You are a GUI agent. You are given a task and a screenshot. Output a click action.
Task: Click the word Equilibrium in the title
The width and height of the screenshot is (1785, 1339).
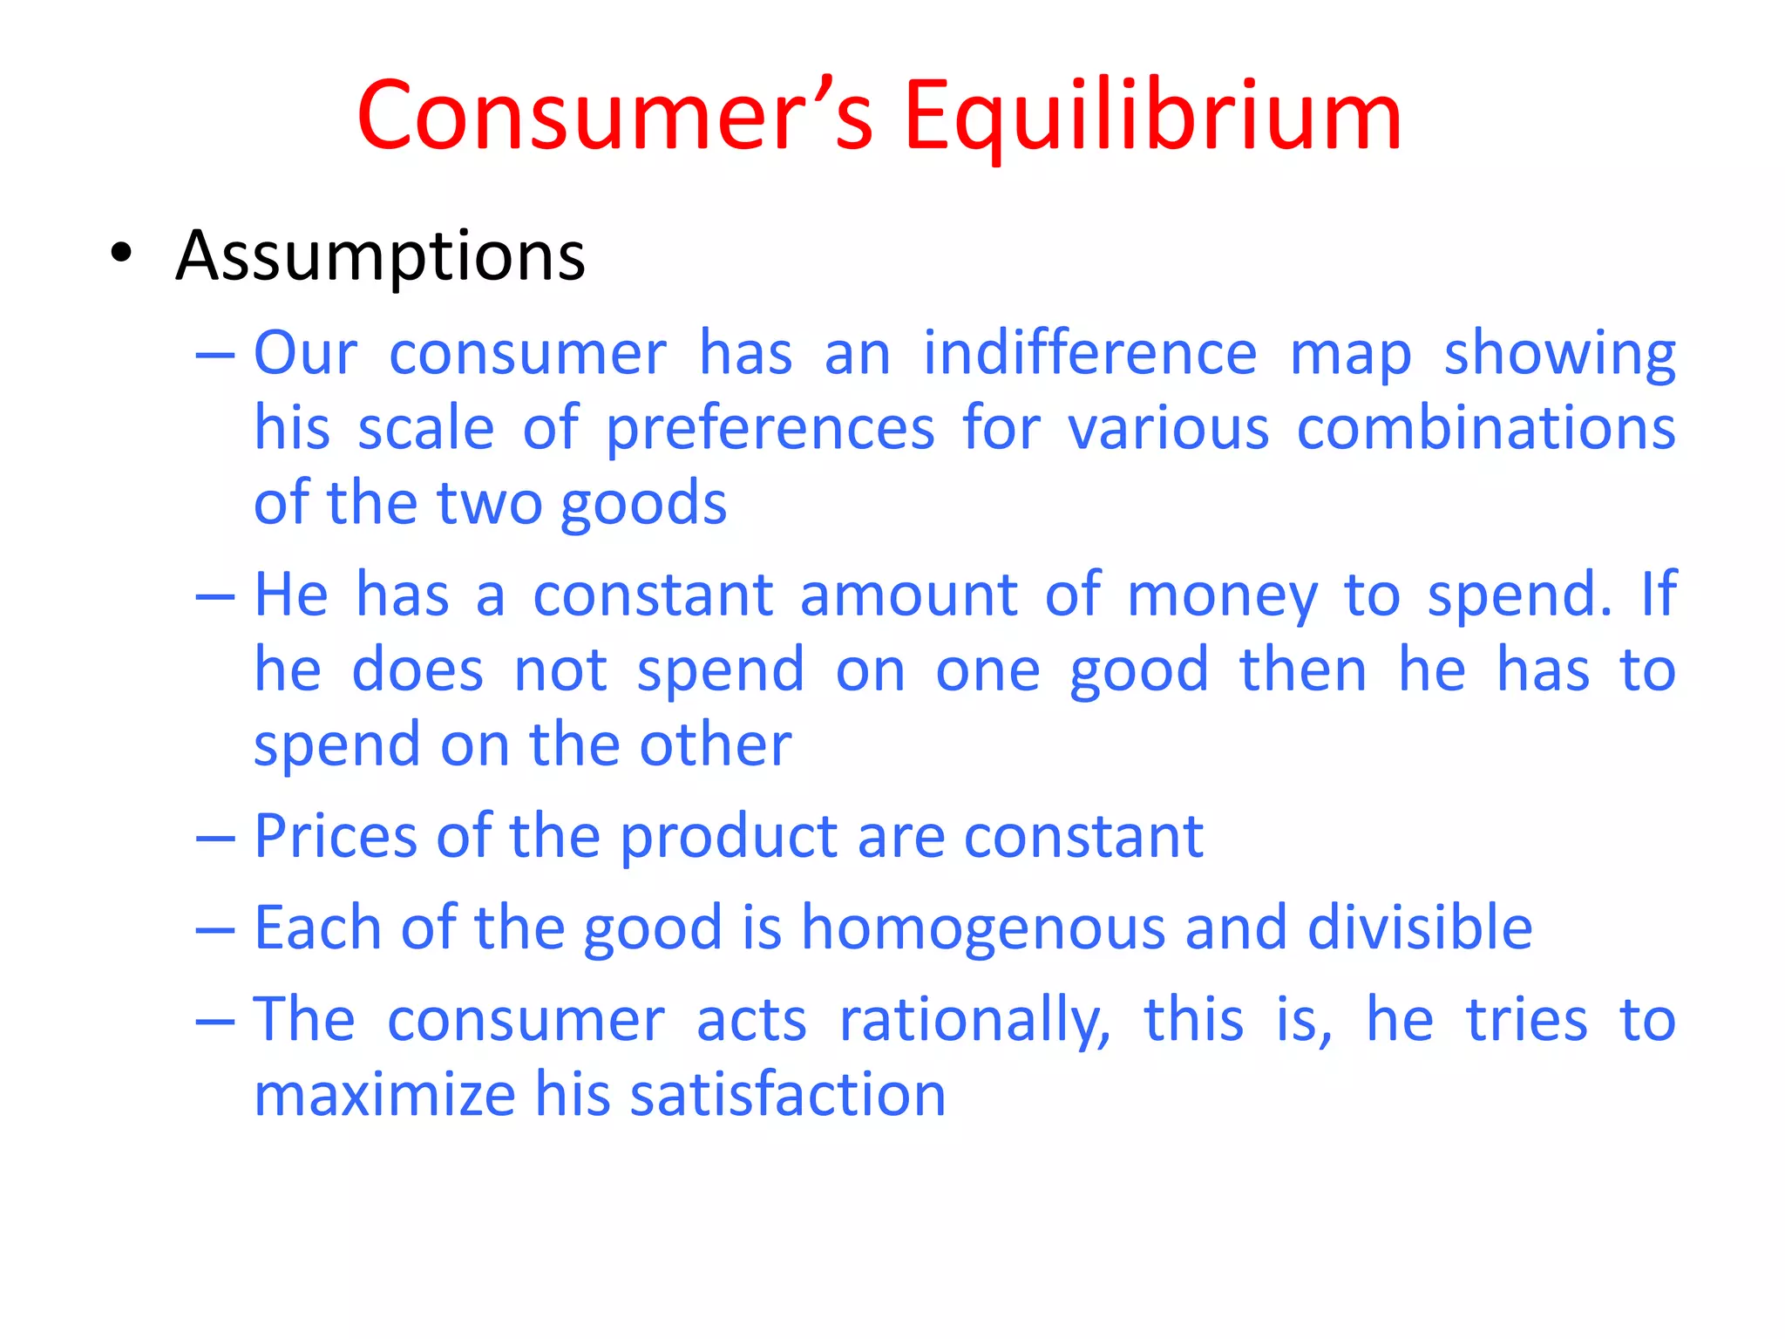click(x=1152, y=118)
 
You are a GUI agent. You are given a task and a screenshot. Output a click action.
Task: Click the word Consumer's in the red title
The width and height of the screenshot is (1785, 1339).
click(x=615, y=118)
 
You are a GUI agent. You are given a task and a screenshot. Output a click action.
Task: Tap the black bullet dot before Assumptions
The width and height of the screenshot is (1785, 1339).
click(x=121, y=254)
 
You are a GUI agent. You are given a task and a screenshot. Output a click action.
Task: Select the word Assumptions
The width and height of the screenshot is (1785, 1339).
click(x=380, y=257)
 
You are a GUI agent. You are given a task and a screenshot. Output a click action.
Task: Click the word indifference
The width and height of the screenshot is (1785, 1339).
click(x=1089, y=353)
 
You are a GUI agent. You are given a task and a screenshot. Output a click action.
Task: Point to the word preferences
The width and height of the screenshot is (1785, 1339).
click(x=770, y=430)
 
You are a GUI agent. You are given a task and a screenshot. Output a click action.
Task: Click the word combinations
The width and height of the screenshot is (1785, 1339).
click(x=1485, y=428)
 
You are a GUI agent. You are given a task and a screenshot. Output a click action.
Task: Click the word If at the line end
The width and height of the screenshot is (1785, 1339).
click(x=1659, y=595)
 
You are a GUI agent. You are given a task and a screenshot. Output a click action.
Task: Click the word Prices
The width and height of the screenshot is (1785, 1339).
click(x=335, y=837)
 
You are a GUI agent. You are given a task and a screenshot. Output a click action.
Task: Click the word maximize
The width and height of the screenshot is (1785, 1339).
click(x=384, y=1095)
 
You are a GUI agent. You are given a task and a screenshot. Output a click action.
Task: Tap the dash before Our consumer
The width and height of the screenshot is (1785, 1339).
click(x=215, y=356)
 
